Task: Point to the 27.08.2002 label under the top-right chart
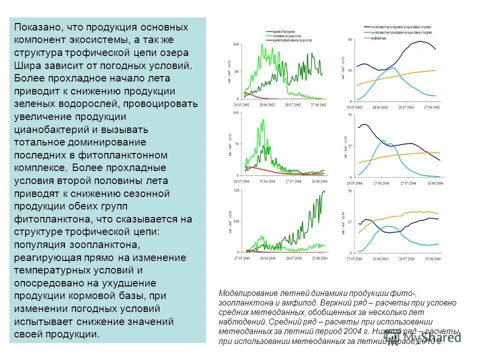431,107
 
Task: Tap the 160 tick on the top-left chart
236,45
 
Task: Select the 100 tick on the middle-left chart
236,113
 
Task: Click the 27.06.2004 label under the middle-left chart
267,181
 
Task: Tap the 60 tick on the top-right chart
350,39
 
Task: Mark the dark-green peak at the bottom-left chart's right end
323,191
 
